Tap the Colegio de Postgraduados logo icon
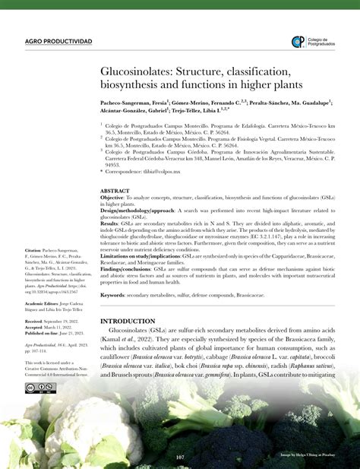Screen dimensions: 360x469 click(x=298, y=42)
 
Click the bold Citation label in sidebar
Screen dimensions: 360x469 click(x=33, y=229)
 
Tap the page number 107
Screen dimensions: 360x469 click(x=180, y=456)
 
